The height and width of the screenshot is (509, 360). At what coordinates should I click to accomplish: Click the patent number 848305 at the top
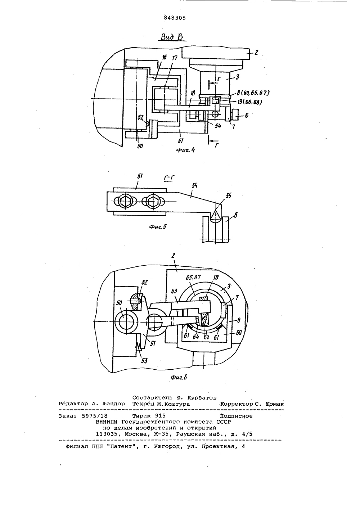tap(175, 18)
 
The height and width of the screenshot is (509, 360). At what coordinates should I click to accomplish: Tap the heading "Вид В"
tap(172, 37)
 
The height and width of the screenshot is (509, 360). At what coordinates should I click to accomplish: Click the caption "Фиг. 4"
tap(185, 150)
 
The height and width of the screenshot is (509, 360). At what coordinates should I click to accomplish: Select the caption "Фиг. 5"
tap(158, 226)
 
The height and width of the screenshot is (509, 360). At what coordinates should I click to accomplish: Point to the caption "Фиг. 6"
tap(179, 377)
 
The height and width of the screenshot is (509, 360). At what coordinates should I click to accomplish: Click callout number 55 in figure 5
tap(228, 195)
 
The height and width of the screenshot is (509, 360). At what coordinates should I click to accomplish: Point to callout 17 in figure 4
tap(174, 58)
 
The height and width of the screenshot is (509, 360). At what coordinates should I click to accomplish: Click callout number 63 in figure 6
tap(174, 291)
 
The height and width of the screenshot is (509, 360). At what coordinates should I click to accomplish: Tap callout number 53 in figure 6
tap(144, 360)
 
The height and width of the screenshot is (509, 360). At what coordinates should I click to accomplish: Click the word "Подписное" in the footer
tap(236, 416)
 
